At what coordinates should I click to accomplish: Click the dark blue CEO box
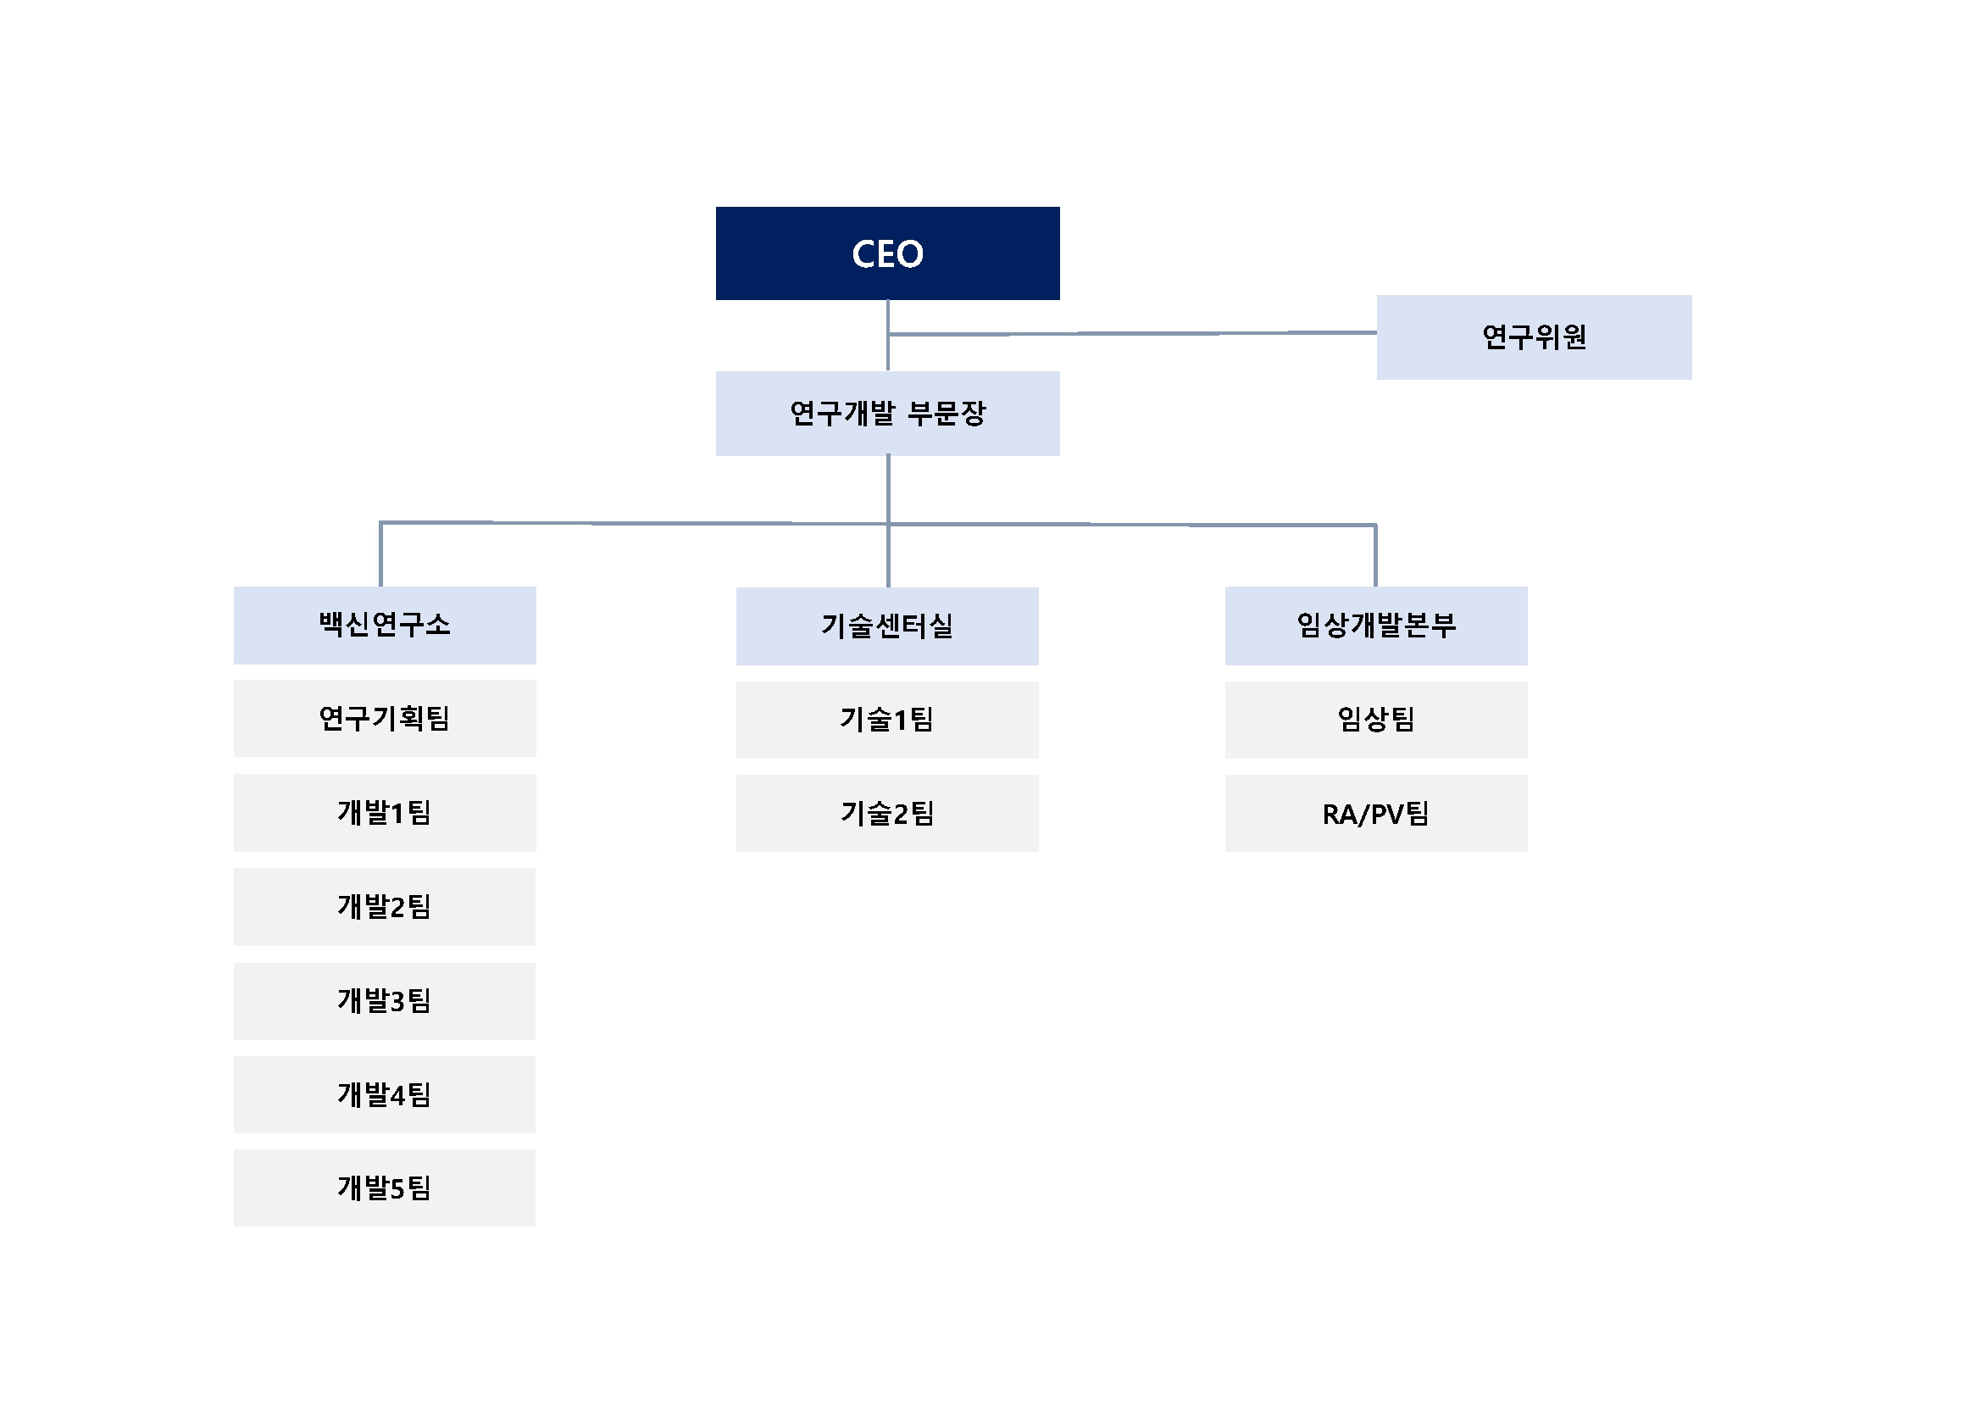pos(887,253)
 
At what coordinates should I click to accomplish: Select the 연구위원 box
pos(1533,337)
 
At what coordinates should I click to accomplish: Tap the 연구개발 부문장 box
pos(887,414)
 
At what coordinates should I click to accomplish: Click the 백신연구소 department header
pos(384,625)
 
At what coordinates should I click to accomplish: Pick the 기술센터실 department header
pos(886,626)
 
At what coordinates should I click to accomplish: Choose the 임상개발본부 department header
pos(1375,625)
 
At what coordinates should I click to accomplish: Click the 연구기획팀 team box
pos(384,718)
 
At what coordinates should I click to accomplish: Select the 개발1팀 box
pos(384,812)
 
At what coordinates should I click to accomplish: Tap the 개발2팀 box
pos(384,906)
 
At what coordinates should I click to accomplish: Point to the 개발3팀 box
pos(384,1000)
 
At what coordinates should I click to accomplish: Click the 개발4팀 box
pos(384,1093)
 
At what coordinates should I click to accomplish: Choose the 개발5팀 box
pos(384,1188)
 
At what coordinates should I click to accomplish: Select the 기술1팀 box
pos(886,719)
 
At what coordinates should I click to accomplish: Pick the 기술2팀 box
pos(886,813)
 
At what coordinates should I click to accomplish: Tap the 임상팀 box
pos(1375,719)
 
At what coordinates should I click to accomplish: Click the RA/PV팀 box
pos(1375,813)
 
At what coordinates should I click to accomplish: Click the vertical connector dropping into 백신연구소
pos(380,554)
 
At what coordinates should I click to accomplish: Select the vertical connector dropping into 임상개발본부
pos(1375,555)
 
